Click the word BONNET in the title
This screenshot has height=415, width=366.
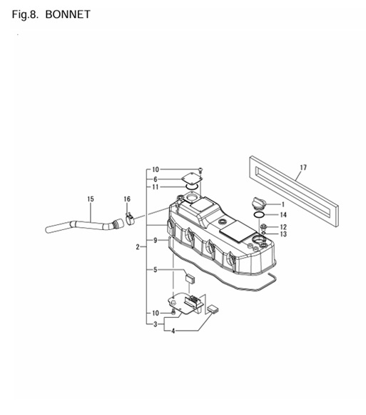68,14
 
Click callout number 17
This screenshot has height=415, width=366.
303,168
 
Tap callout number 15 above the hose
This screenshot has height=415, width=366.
91,199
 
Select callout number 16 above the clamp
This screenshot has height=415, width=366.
127,199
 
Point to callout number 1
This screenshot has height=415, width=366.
283,204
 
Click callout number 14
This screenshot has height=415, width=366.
283,215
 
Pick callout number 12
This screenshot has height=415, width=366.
283,227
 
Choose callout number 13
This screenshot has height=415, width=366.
283,234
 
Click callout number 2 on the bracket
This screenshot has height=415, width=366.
138,247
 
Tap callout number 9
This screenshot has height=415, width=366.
156,240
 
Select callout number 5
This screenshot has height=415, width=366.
156,270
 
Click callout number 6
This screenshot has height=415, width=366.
156,179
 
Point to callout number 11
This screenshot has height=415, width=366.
156,187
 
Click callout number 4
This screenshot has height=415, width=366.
173,331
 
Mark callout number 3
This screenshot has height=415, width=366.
156,324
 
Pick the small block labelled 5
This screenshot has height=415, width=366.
190,279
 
